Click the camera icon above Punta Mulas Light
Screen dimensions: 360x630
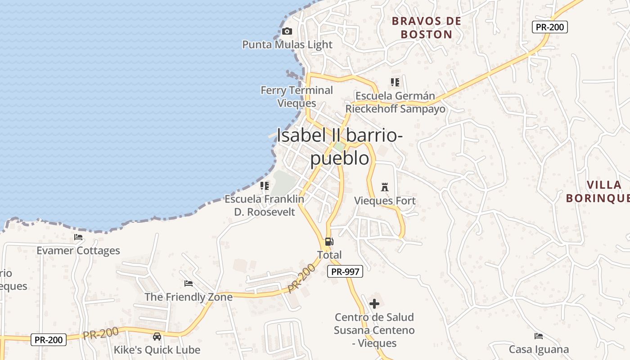(x=287, y=31)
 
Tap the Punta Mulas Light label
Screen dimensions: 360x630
(x=287, y=45)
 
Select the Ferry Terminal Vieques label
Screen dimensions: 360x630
(x=297, y=96)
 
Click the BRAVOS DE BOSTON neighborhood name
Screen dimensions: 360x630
(x=426, y=27)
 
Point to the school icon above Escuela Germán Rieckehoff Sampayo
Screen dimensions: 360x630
(x=395, y=82)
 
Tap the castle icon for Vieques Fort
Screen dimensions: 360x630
(x=385, y=187)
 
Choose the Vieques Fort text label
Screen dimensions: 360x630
(x=385, y=201)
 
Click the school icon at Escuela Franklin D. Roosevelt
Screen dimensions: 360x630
(x=265, y=185)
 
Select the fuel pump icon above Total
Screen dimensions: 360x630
(x=329, y=242)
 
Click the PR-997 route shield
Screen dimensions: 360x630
(x=345, y=271)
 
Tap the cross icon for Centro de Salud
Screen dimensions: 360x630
(x=374, y=304)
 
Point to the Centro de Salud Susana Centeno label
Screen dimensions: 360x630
(x=374, y=330)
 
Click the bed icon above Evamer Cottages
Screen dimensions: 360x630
(x=78, y=237)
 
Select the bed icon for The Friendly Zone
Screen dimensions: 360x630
(x=189, y=283)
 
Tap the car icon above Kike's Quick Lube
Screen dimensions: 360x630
(x=157, y=336)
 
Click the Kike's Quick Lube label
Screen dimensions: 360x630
(x=157, y=350)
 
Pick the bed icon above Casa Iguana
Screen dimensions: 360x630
(x=538, y=336)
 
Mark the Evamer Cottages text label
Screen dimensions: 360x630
(x=78, y=251)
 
